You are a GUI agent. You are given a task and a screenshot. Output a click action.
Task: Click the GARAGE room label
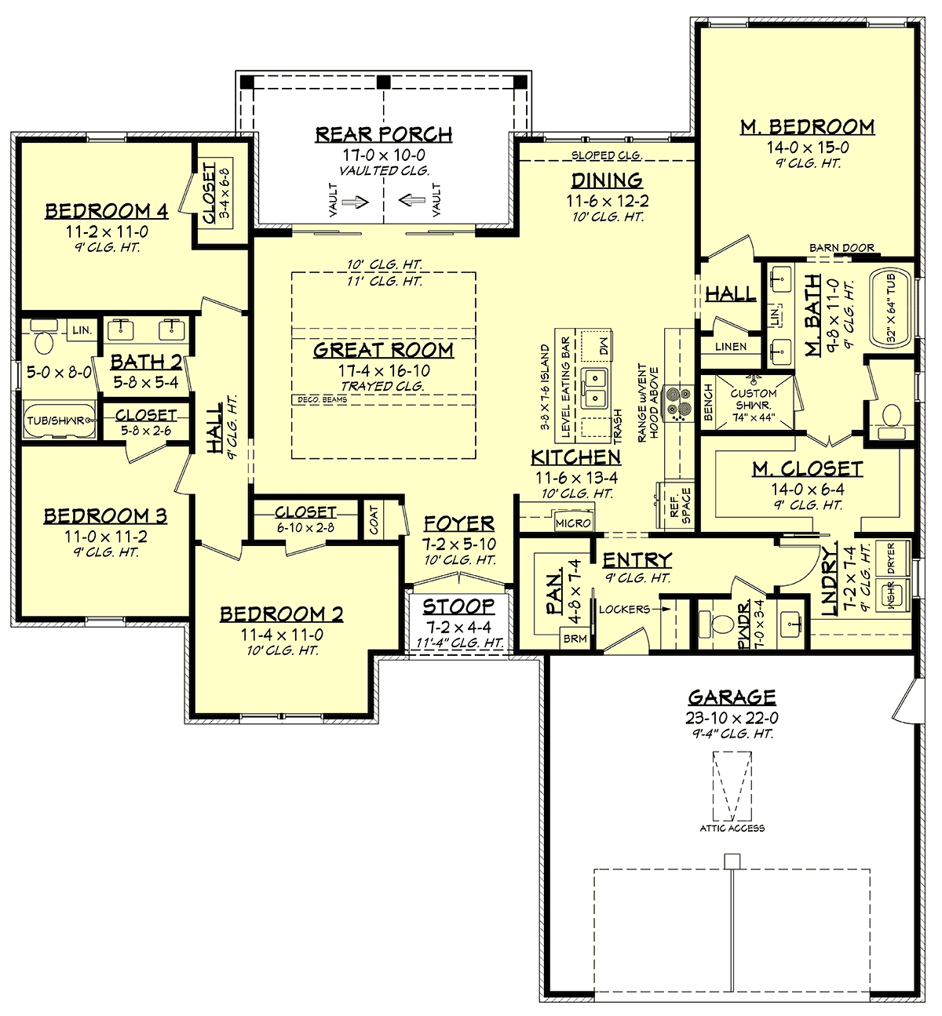coord(732,697)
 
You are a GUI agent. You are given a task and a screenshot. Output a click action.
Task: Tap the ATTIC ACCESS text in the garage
coord(732,828)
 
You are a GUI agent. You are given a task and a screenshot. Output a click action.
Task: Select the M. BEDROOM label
coord(807,127)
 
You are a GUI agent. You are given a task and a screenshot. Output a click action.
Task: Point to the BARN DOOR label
coord(842,248)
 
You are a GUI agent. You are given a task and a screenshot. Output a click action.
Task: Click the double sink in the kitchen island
coord(594,388)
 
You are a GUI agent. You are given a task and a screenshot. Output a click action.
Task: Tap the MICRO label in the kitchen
coord(573,523)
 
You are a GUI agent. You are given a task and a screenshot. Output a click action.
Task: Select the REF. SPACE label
coord(681,506)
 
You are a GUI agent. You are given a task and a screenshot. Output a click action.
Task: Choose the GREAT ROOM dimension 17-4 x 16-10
coord(384,370)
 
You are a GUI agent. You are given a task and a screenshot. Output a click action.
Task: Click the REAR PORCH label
coord(384,134)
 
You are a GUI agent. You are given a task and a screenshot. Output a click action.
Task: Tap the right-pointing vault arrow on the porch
coord(356,202)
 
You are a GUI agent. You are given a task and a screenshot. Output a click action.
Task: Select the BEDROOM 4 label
coord(107,211)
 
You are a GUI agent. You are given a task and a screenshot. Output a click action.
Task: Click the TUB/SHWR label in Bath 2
coord(56,421)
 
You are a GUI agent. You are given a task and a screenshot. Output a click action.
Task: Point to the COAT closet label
coord(374,520)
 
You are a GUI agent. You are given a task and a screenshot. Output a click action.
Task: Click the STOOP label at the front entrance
coord(458,606)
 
